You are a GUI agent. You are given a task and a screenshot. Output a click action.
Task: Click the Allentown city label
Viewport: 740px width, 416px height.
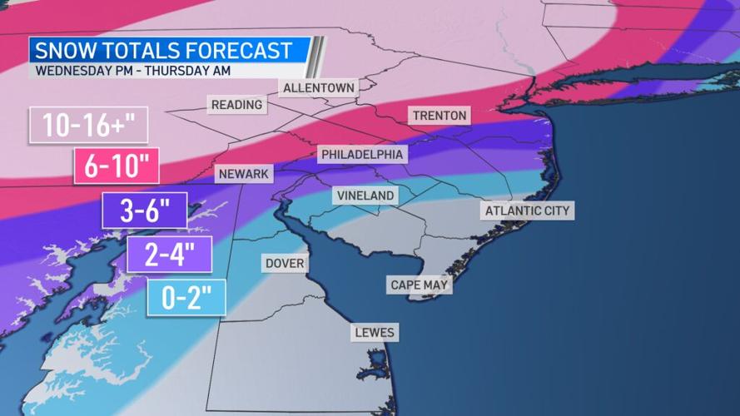[x=319, y=87]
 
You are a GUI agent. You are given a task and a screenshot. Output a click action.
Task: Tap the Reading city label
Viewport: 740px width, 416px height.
[x=236, y=105]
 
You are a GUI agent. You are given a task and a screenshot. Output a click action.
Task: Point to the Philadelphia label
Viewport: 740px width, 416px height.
[x=362, y=154]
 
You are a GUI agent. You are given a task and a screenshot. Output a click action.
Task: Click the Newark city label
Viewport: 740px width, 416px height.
[x=244, y=174]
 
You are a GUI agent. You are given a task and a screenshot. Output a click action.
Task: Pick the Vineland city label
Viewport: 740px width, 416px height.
[x=365, y=196]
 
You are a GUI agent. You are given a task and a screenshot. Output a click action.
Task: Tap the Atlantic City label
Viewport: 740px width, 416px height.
[x=528, y=210]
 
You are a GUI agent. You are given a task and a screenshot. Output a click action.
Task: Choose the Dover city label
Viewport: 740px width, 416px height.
[x=285, y=263]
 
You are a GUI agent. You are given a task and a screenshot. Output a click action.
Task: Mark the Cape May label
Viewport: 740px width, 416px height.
[x=420, y=285]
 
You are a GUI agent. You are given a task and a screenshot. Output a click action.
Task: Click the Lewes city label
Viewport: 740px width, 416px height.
[x=375, y=333]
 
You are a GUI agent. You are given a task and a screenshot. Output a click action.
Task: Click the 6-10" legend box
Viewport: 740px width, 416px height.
[x=117, y=166]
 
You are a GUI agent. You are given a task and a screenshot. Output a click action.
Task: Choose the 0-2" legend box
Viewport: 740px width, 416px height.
[x=186, y=297]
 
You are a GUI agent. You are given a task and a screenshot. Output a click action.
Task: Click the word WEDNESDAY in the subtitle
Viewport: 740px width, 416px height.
[x=72, y=70]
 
